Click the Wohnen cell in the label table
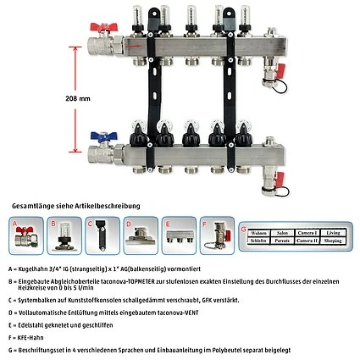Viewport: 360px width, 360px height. click(261, 230)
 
